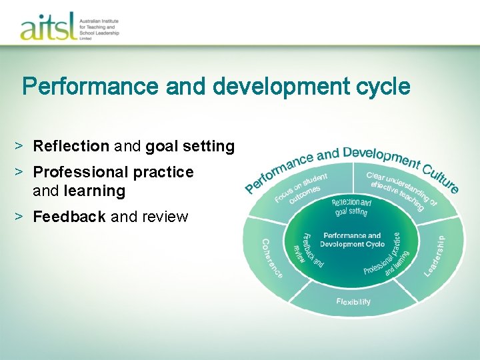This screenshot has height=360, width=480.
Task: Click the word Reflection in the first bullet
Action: pyautogui.click(x=71, y=146)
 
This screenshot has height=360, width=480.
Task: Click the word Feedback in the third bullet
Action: pyautogui.click(x=69, y=217)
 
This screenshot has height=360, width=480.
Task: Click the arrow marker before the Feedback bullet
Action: pyautogui.click(x=21, y=217)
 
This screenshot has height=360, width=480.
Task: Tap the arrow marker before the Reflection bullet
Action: pyautogui.click(x=21, y=146)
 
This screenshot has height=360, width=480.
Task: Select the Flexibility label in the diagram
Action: pyautogui.click(x=353, y=302)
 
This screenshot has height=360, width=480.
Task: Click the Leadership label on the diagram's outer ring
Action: pyautogui.click(x=435, y=256)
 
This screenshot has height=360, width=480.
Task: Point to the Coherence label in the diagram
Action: pyautogui.click(x=271, y=259)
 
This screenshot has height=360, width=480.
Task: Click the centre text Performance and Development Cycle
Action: pyautogui.click(x=352, y=240)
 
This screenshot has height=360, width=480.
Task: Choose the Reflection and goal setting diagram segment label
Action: pyautogui.click(x=351, y=206)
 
